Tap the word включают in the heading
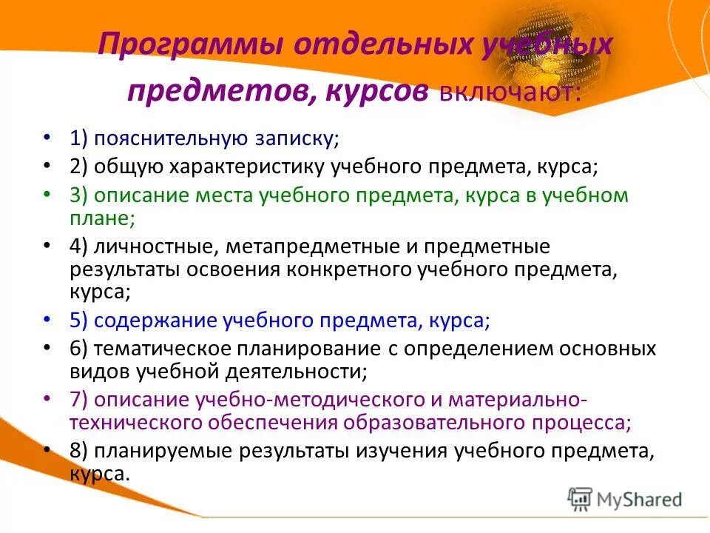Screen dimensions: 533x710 click(510, 94)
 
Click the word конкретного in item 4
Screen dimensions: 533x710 click(367, 269)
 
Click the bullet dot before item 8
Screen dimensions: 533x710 click(47, 450)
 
